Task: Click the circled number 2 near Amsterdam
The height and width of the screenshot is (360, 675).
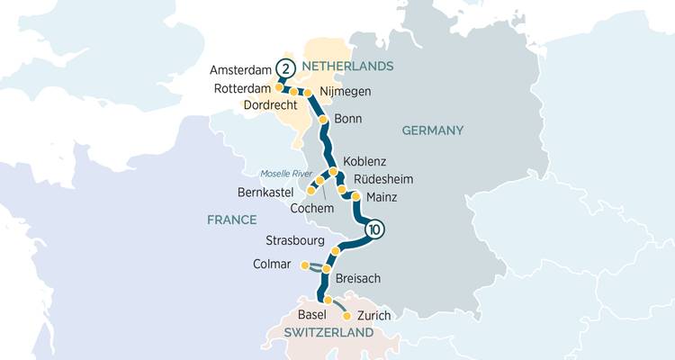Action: pyautogui.click(x=285, y=68)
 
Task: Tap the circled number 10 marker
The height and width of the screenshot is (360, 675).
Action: pyautogui.click(x=375, y=229)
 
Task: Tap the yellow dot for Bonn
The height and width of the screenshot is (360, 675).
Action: pyautogui.click(x=323, y=120)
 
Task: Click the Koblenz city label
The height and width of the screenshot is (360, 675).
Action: pyautogui.click(x=364, y=161)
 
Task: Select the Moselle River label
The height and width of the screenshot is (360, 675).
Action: pyautogui.click(x=284, y=173)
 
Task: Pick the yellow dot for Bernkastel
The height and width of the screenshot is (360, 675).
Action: pyautogui.click(x=311, y=191)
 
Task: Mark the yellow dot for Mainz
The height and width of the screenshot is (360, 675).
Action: pyautogui.click(x=355, y=196)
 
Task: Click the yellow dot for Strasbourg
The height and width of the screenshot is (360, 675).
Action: pyautogui.click(x=335, y=251)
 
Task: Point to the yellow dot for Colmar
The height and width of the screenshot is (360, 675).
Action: pyautogui.click(x=304, y=265)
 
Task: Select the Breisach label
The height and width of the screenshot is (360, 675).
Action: pyautogui.click(x=357, y=279)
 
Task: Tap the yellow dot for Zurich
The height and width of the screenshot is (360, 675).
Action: pyautogui.click(x=346, y=316)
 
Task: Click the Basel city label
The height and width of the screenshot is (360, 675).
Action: pyautogui.click(x=311, y=314)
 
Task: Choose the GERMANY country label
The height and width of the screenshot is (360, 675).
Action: pyautogui.click(x=432, y=130)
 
